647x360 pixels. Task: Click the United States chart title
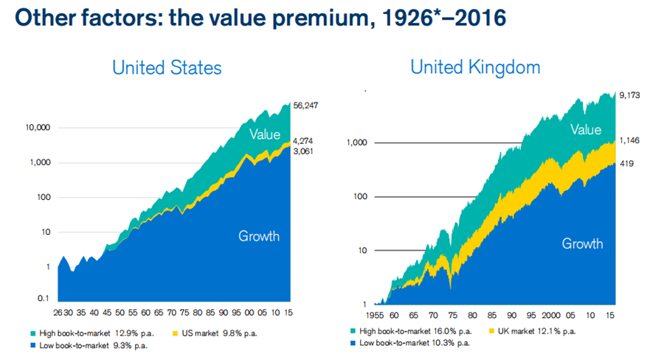167,68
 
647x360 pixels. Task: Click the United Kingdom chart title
475,67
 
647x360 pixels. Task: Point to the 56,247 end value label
305,105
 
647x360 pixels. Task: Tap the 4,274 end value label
303,142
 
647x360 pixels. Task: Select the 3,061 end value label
303,151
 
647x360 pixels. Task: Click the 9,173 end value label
629,95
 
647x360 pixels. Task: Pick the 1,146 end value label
629,141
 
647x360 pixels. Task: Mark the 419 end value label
626,164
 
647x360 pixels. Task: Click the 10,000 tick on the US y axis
38,128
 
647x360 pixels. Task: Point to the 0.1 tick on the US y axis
44,298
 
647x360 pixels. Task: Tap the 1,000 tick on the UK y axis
356,142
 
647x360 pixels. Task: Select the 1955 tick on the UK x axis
375,316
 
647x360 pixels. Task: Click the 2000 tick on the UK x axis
551,316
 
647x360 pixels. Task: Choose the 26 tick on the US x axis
58,313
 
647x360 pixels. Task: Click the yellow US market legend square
175,333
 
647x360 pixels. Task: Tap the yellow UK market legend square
491,330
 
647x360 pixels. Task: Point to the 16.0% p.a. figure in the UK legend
453,331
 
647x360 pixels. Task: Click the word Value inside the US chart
265,134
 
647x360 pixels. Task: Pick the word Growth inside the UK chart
582,243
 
